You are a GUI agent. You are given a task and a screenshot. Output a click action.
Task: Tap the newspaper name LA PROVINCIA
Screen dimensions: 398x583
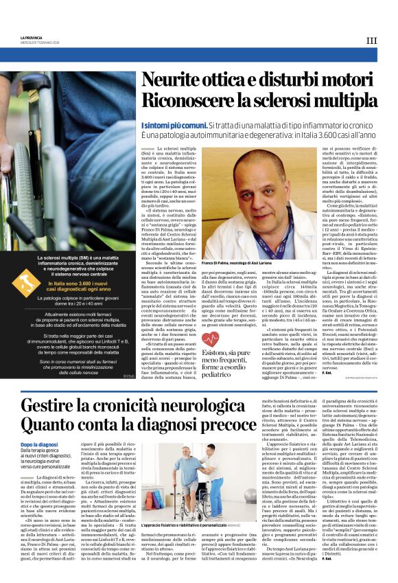pos(31,37)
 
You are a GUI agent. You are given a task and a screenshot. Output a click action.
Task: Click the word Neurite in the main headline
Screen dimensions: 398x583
pos(172,80)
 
